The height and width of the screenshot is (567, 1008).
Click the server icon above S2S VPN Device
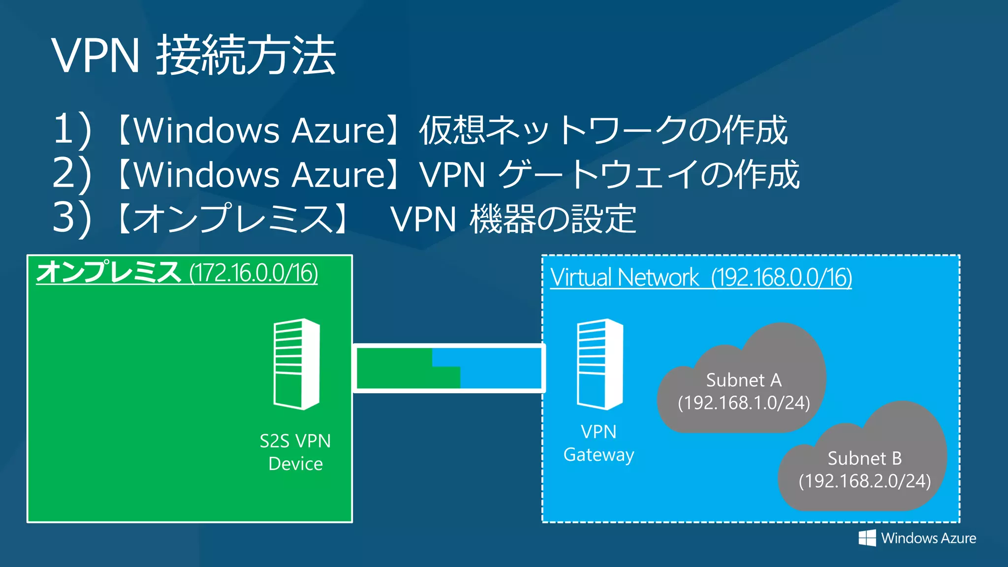(297, 364)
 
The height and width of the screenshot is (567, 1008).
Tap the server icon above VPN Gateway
(600, 364)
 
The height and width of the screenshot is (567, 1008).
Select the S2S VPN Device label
(295, 452)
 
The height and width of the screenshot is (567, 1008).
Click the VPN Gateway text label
(598, 443)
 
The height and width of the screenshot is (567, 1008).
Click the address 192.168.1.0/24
(744, 403)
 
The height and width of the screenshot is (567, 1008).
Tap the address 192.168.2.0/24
(865, 481)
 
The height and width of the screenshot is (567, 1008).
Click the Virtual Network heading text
(624, 278)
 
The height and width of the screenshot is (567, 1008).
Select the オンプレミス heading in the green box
(108, 272)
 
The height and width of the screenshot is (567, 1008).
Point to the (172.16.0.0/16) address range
(253, 273)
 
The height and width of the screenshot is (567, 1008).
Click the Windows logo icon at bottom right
(867, 538)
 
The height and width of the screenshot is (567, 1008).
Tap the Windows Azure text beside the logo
(928, 538)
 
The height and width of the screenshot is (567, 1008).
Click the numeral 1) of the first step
(72, 130)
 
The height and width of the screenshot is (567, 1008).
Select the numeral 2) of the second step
(72, 174)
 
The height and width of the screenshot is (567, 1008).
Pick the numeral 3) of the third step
(72, 218)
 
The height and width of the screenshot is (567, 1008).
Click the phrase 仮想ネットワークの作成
(603, 130)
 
